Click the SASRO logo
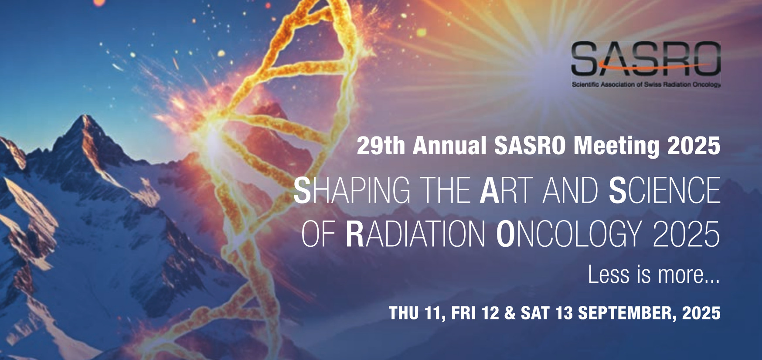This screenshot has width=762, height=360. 646,64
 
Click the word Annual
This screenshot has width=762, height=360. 449,146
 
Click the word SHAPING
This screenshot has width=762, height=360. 352,190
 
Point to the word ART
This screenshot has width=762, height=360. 507,190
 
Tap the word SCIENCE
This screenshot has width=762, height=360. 665,190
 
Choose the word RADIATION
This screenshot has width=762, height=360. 415,234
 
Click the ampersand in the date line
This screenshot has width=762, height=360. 510,313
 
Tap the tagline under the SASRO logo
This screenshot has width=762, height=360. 646,85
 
